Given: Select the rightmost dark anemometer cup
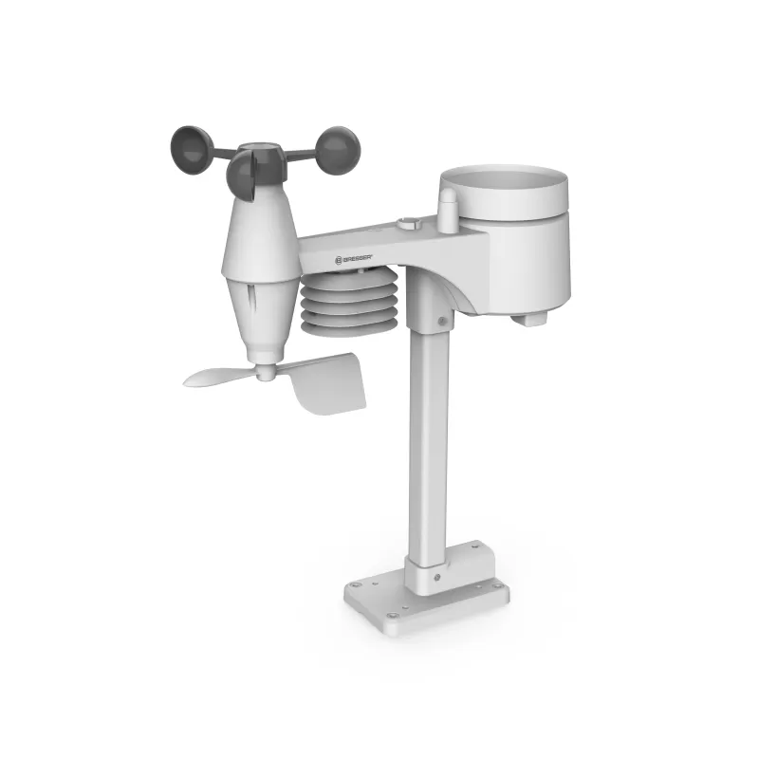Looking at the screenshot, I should pos(337,150).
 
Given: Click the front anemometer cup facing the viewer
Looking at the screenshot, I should pos(243,176).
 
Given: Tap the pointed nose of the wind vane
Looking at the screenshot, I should pos(194,380).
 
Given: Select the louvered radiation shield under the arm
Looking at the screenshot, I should pos(348,301).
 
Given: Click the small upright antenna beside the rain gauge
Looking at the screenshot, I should pos(447,209).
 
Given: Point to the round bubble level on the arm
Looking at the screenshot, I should pos(408,224).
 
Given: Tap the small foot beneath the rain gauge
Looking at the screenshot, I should pos(528,320).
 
